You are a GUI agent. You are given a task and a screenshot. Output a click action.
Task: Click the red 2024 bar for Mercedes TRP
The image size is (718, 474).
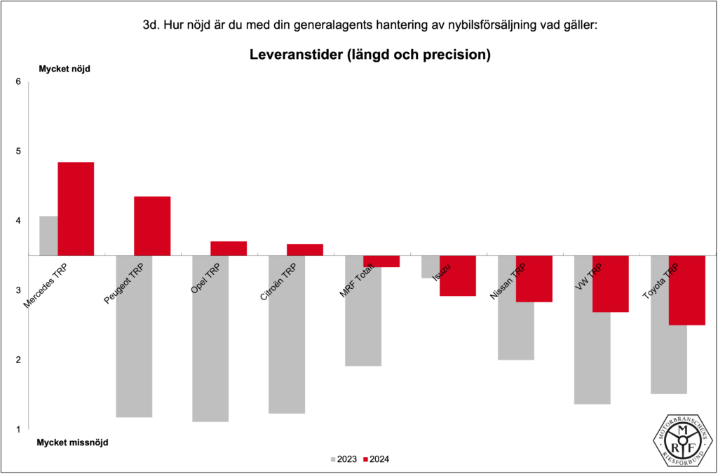(76, 208)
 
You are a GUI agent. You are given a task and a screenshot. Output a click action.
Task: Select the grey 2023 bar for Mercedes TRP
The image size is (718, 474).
(48, 236)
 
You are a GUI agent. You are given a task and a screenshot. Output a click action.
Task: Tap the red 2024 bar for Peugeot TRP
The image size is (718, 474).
(152, 226)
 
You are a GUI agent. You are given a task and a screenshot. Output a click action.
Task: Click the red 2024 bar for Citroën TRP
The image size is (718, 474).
(305, 250)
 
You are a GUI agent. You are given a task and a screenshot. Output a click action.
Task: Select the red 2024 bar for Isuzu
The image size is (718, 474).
(458, 276)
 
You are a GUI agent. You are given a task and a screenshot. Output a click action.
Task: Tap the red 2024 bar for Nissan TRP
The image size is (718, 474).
(534, 278)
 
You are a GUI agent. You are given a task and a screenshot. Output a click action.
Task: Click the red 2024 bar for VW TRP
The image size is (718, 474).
(611, 283)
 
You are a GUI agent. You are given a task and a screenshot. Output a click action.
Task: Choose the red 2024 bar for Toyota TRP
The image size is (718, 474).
(687, 290)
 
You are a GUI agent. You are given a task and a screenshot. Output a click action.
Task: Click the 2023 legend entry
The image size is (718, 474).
(344, 459)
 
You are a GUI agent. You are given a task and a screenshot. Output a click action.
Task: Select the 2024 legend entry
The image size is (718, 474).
(376, 459)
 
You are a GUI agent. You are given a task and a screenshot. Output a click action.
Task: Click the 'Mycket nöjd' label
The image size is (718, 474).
(65, 69)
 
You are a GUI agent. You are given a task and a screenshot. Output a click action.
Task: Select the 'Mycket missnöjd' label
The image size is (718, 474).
(73, 442)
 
